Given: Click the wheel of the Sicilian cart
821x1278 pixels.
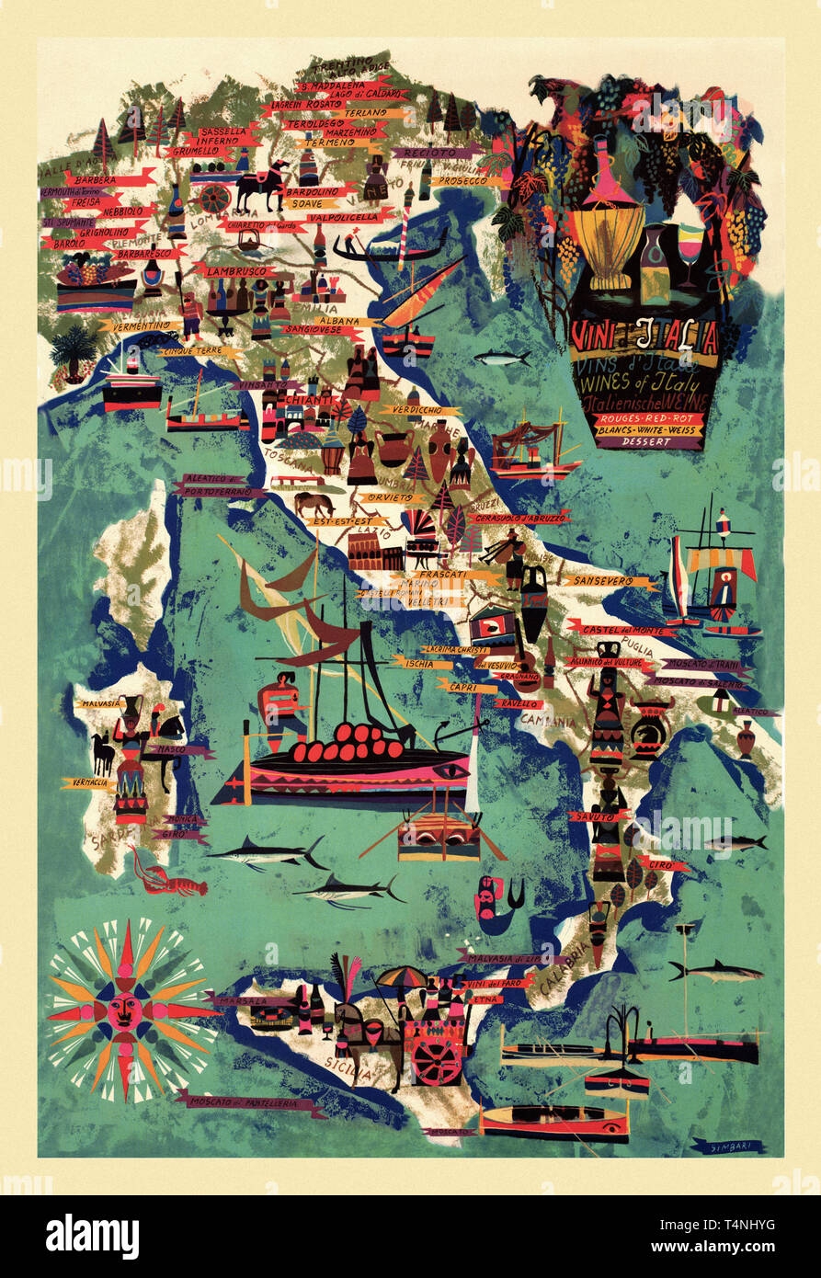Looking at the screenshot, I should pyautogui.click(x=435, y=1062).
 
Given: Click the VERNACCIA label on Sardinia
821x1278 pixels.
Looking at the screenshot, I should pyautogui.click(x=88, y=783).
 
